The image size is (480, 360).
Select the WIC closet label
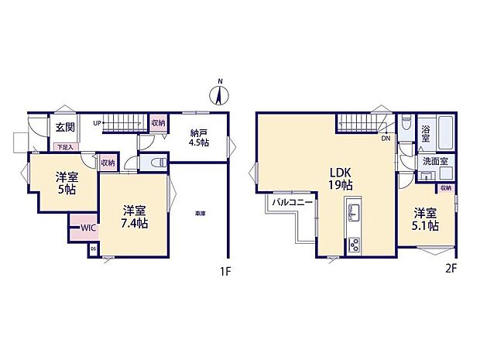(x=86, y=228)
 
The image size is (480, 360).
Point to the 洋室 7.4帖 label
(x=135, y=216)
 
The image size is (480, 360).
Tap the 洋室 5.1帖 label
(x=426, y=218)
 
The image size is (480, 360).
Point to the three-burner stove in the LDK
(x=355, y=244)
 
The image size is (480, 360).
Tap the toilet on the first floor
(x=155, y=163)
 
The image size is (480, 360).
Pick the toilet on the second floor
(x=406, y=125)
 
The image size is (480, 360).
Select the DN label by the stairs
(x=385, y=139)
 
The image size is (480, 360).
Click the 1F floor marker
(x=225, y=273)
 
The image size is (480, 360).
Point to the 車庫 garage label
(x=200, y=214)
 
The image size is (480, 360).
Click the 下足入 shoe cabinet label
(x=63, y=146)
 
